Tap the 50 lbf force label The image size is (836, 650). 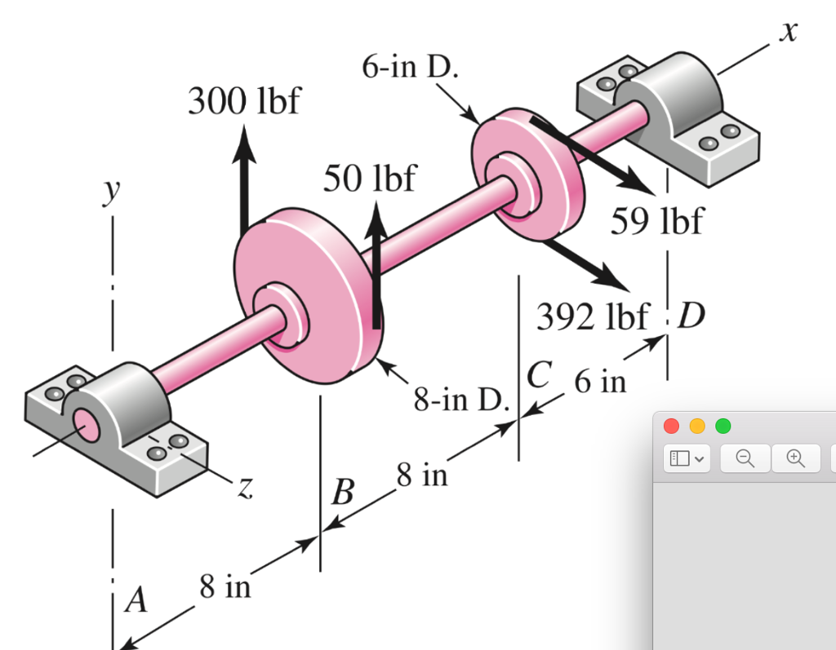point(369,178)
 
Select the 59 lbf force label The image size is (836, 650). point(657,220)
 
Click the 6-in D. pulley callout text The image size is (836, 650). point(410,67)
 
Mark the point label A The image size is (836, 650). point(136,601)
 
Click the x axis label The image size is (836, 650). point(787,32)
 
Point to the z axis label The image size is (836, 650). point(244,487)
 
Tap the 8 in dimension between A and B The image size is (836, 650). point(226,586)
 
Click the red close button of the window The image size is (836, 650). point(672,426)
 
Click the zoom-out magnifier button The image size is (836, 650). point(745,458)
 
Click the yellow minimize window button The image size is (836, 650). point(697,426)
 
